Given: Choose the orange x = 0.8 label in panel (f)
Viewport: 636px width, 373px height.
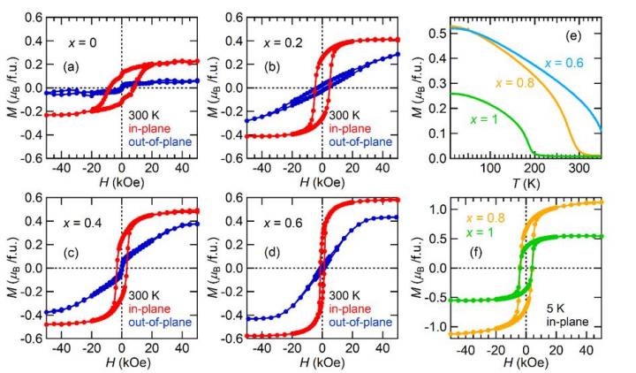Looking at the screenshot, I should click(x=479, y=217).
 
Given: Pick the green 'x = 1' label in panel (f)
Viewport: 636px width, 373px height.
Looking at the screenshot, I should click(x=473, y=232).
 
